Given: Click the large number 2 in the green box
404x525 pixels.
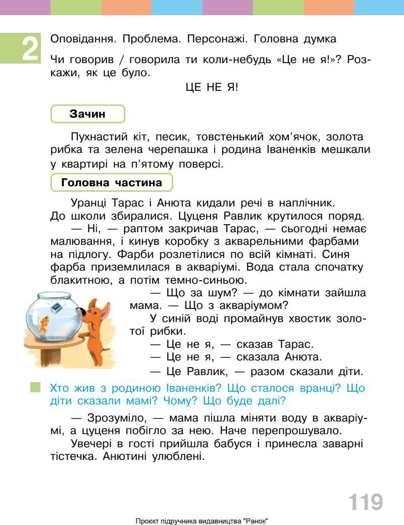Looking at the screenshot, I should pyautogui.click(x=30, y=49).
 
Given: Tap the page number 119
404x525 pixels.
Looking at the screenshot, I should pyautogui.click(x=365, y=502).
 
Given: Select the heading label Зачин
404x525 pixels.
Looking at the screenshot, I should pyautogui.click(x=87, y=114).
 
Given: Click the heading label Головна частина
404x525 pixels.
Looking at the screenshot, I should pyautogui.click(x=112, y=182).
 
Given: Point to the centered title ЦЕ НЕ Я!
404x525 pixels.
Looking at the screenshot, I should pyautogui.click(x=212, y=87).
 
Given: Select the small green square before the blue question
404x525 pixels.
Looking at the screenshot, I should pyautogui.click(x=35, y=387).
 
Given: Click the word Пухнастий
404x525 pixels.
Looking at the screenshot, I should pyautogui.click(x=99, y=137).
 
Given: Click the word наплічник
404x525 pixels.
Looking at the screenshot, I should pyautogui.click(x=306, y=203).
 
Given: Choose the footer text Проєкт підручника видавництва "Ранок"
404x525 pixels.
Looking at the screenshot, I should pyautogui.click(x=202, y=520).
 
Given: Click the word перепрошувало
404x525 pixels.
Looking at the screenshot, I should pyautogui.click(x=295, y=431).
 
